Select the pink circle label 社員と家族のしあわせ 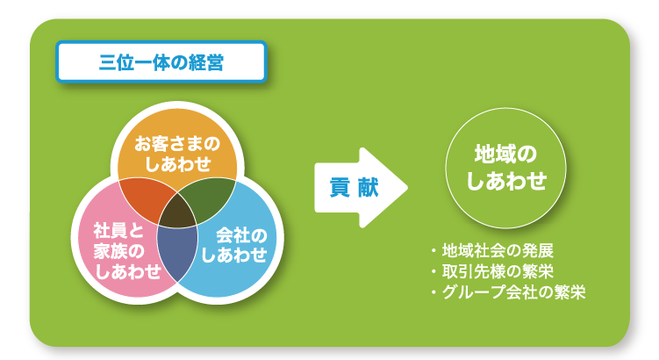coord(118,251)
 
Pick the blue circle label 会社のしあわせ coord(234,245)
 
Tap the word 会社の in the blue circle coord(234,235)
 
